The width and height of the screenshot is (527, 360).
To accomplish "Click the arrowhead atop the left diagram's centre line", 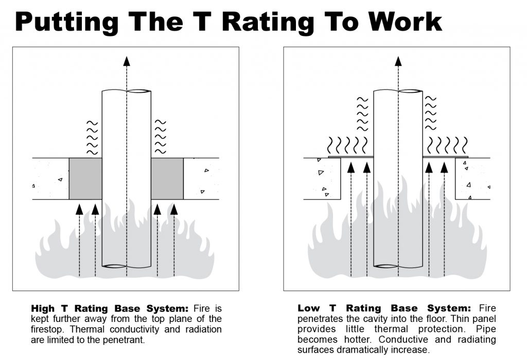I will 127,61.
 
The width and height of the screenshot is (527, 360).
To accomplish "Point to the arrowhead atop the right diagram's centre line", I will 397,61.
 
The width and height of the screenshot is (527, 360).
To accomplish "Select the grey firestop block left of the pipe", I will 85,178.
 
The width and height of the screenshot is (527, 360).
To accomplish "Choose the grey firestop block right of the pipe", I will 167,178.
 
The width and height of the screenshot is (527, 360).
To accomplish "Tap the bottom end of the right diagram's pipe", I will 397,266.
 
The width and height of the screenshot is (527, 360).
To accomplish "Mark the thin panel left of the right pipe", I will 349,156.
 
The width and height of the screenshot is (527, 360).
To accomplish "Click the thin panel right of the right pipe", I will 445,156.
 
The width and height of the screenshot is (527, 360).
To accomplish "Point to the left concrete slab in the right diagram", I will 322,179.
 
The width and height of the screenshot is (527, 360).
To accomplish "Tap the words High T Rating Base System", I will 110,309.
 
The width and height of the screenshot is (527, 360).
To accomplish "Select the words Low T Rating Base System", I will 384,309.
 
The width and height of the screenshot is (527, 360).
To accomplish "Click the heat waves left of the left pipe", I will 92,138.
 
